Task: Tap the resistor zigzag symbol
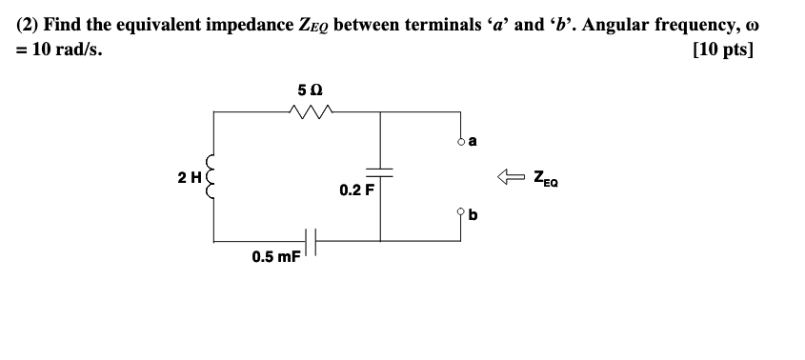point(310,111)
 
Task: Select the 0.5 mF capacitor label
point(275,256)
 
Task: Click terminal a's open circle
point(460,141)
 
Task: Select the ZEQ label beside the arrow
point(546,176)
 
